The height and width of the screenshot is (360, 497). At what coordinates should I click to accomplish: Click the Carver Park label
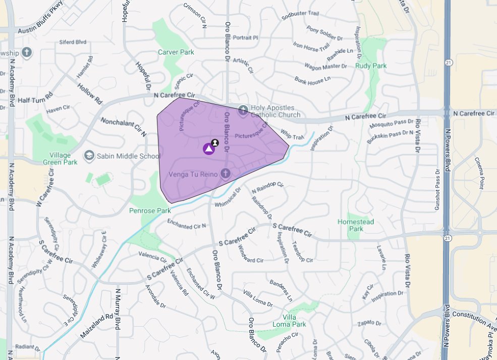[x=176, y=52]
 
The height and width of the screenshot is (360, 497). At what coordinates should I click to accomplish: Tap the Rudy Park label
[x=370, y=66]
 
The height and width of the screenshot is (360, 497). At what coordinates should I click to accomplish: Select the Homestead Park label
[x=356, y=225]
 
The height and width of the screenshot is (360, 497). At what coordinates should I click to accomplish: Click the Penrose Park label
[x=150, y=210]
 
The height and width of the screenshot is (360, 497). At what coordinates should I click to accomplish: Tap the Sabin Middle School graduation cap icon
[x=89, y=156]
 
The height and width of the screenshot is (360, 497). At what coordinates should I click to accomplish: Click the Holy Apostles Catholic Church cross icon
[x=243, y=110]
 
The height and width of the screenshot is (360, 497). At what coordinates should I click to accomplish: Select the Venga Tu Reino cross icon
[x=225, y=174]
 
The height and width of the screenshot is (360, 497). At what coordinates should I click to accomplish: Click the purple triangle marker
[x=208, y=148]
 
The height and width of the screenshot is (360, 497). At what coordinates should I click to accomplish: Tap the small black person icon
[x=215, y=143]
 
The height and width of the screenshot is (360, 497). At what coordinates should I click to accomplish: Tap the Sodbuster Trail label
[x=301, y=15]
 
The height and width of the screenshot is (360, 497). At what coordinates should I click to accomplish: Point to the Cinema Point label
[x=479, y=173]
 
